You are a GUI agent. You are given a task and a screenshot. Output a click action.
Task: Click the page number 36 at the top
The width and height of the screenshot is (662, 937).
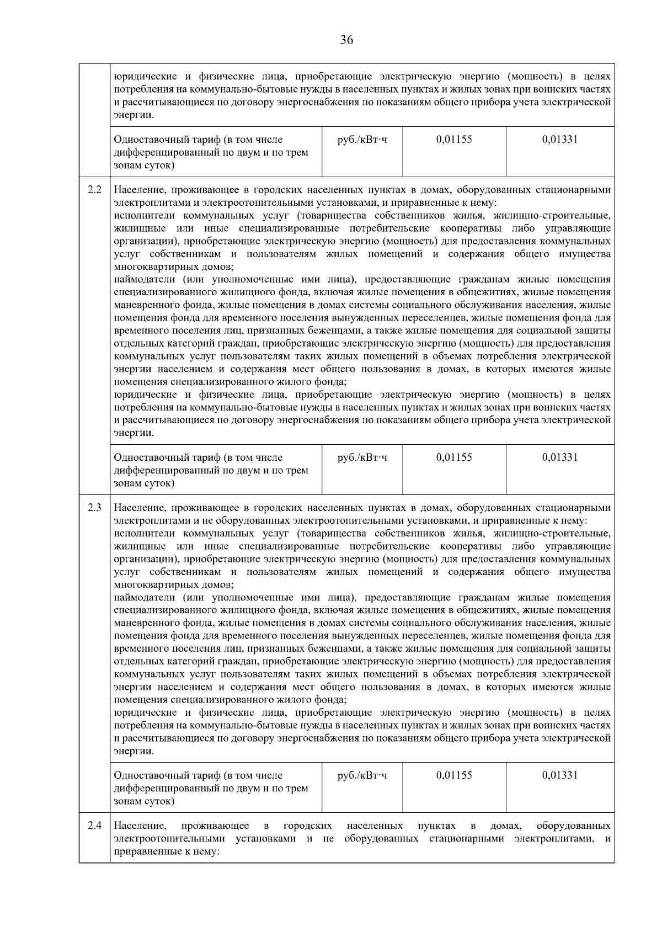point(346,40)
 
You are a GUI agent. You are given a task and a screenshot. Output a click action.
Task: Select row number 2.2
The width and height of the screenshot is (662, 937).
point(94,190)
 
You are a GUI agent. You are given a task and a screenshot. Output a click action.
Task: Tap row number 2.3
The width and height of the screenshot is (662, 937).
point(94,508)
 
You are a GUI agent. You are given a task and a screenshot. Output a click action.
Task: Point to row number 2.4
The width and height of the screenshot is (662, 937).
point(94,826)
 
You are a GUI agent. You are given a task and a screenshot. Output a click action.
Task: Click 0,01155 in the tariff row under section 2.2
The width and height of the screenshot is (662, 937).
point(454,457)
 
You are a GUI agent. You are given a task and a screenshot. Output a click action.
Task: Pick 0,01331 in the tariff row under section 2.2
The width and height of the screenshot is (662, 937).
point(560,457)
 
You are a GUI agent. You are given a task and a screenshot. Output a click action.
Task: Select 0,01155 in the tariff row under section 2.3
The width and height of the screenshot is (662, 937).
point(454,775)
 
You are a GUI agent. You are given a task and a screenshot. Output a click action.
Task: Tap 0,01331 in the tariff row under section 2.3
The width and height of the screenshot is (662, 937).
point(560,775)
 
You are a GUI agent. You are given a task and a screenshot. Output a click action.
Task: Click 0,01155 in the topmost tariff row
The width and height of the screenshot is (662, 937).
point(454,140)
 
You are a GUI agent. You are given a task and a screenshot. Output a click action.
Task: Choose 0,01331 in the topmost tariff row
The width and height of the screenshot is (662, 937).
point(560,140)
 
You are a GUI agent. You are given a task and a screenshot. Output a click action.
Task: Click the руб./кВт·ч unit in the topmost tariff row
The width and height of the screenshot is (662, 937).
point(362,140)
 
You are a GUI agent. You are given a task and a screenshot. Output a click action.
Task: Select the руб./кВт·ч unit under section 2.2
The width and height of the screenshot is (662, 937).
point(362,457)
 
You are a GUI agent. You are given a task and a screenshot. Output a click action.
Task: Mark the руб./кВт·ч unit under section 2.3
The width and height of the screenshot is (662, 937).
point(362,775)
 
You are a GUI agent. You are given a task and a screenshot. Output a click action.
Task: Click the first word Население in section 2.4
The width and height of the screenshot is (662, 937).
point(140,826)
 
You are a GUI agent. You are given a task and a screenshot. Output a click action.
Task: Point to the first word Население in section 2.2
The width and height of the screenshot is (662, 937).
point(140,190)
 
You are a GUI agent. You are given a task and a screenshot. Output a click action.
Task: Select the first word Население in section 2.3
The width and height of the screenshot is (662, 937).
point(140,508)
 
